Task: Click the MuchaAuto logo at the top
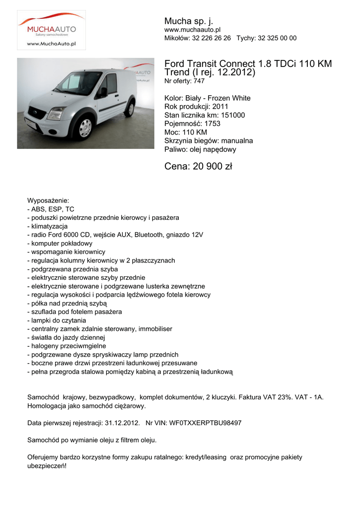point(52,30)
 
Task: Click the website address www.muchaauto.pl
point(192,30)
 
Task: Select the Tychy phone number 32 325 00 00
point(278,38)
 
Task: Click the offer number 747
point(199,81)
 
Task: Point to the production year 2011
point(220,107)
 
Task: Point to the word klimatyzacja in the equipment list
point(53,226)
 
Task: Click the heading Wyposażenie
point(48,200)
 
